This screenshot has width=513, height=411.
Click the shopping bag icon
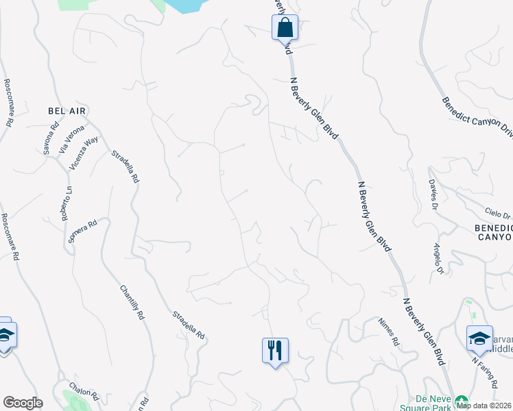coord(285,28)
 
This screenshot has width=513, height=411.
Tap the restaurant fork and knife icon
coord(275,351)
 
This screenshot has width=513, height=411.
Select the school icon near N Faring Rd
coord(479,338)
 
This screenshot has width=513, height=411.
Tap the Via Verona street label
coord(72,138)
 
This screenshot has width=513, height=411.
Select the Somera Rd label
coord(83,232)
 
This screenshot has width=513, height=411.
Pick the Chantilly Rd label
coord(132,303)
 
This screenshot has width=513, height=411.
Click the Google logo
coord(23,403)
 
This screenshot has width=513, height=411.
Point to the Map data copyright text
coord(484,406)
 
